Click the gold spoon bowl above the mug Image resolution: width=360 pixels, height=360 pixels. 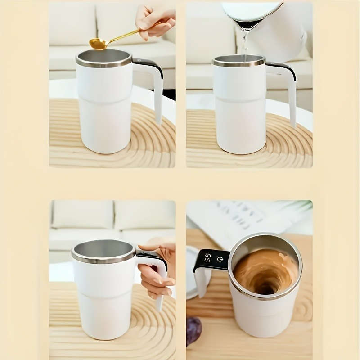(98, 44)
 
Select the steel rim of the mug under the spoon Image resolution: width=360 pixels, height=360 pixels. (103, 63)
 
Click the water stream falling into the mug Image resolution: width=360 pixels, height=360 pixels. (244, 45)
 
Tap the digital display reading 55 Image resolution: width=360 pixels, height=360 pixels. (207, 258)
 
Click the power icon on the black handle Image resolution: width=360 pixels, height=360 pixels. (220, 259)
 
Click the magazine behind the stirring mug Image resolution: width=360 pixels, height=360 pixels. (234, 220)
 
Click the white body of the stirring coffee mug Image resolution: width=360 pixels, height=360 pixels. (265, 319)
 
